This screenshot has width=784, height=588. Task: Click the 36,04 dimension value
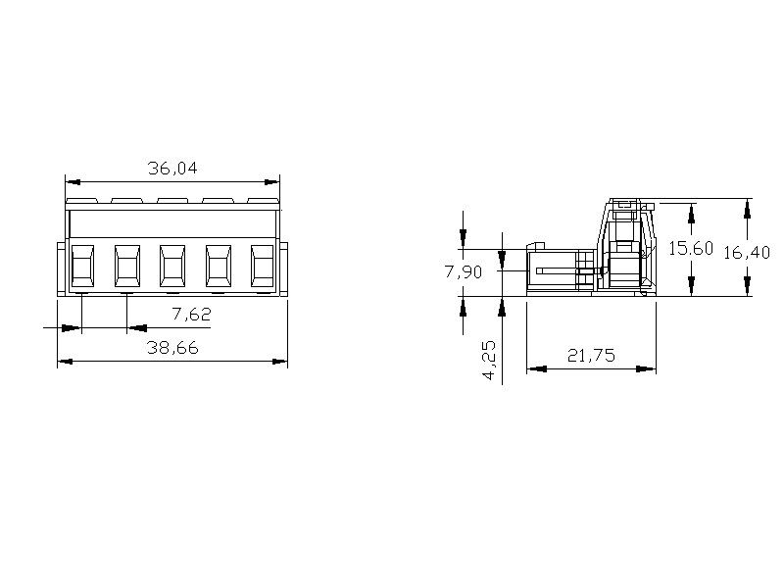coord(172,168)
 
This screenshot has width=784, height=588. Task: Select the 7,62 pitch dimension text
coord(191,314)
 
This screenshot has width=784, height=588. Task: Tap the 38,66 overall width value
coord(172,348)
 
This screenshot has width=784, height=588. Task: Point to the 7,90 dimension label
coord(464,272)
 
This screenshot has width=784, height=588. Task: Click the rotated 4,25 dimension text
coord(489,360)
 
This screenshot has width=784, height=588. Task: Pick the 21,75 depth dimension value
coord(591,356)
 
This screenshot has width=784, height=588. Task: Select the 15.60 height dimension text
coord(691,248)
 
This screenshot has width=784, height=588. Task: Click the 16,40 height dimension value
coord(747,253)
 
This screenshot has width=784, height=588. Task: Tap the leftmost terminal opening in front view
coord(82,265)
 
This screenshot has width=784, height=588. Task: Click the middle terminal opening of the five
coord(172,265)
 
